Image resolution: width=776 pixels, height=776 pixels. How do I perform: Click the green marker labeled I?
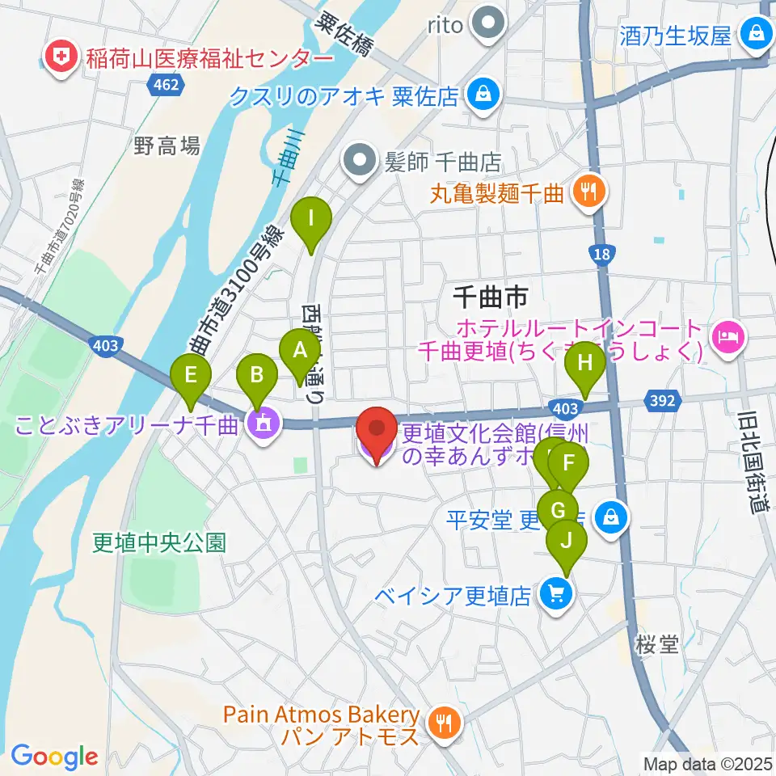pos(310,217)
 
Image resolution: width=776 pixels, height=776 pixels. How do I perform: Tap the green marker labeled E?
pos(191,375)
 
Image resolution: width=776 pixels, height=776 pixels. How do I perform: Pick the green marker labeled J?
pos(565,540)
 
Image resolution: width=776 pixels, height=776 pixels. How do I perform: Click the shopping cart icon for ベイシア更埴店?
pos(557,595)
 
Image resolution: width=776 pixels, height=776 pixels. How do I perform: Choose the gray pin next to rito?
pos(488,25)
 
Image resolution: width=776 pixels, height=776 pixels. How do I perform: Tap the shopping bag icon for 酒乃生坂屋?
pos(757,35)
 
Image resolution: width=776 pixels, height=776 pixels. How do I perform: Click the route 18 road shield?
pos(600,255)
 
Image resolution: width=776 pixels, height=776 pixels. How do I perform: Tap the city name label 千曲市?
pos(489,297)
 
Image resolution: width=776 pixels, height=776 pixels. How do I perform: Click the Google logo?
pos(54,756)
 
